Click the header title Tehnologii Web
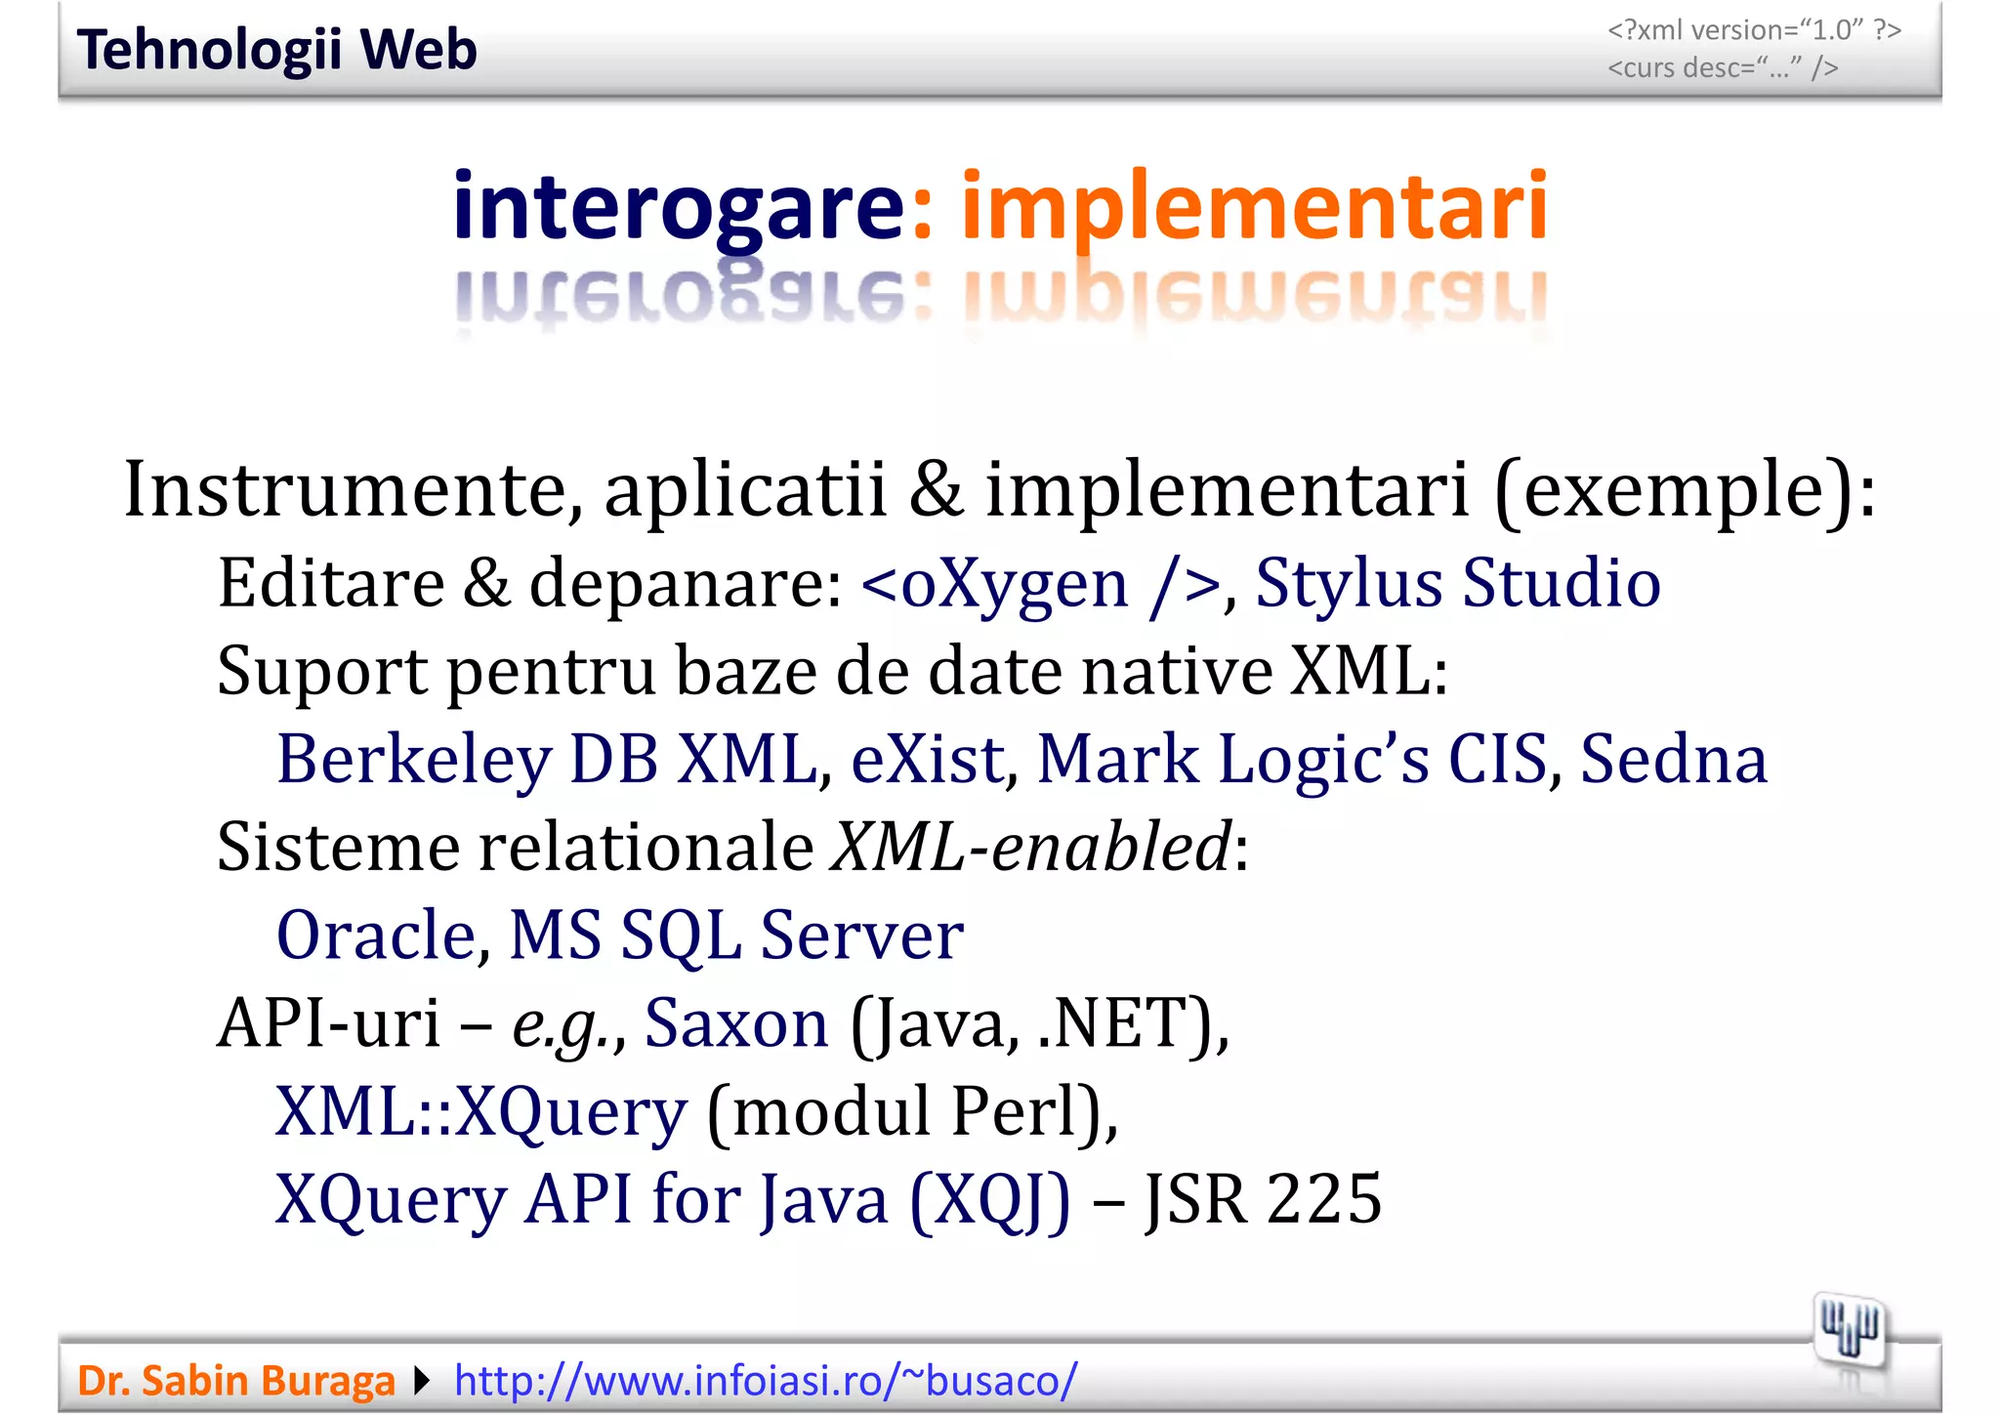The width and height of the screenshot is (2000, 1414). (x=276, y=50)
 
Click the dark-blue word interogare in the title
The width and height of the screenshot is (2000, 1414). (x=680, y=207)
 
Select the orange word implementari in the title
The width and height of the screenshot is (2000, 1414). (x=1254, y=207)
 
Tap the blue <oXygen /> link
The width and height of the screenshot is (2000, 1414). (x=1040, y=584)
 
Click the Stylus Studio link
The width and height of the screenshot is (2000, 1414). (x=1457, y=583)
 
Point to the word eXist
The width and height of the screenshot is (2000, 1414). (x=928, y=760)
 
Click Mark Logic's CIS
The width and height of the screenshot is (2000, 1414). (x=1291, y=760)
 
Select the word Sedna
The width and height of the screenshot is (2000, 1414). (x=1673, y=760)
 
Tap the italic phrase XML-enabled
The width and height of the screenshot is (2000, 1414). (x=1030, y=847)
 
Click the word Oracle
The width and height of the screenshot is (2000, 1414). (x=377, y=936)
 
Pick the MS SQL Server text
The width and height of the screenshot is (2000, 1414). (x=736, y=936)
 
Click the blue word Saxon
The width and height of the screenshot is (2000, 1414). (x=736, y=1023)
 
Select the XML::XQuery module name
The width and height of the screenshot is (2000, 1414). (x=481, y=1112)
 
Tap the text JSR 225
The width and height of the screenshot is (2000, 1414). (x=1263, y=1199)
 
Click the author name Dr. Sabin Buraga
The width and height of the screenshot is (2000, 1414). (x=235, y=1381)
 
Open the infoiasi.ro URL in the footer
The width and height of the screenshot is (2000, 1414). (x=766, y=1381)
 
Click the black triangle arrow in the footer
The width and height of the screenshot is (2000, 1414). (x=422, y=1381)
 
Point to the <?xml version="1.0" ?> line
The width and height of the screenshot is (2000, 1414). (x=1754, y=30)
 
